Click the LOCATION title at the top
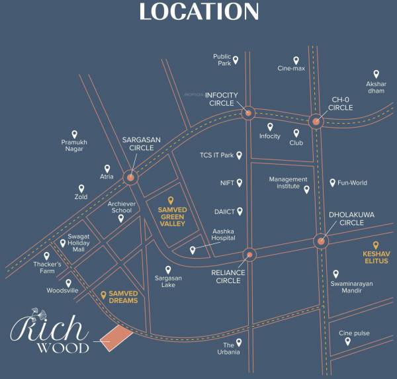click(198, 12)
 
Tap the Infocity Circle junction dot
click(248, 112)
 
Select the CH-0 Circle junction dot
click(316, 121)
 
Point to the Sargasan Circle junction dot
click(130, 177)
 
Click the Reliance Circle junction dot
click(249, 254)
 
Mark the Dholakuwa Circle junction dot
click(321, 242)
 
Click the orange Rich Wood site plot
click(116, 335)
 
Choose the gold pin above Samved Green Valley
click(171, 200)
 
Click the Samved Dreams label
click(119, 297)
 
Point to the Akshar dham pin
click(376, 74)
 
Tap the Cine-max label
click(291, 68)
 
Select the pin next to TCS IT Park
click(240, 155)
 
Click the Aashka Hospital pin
click(193, 250)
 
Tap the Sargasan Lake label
click(168, 281)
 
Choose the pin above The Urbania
click(238, 343)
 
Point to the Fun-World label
click(352, 183)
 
